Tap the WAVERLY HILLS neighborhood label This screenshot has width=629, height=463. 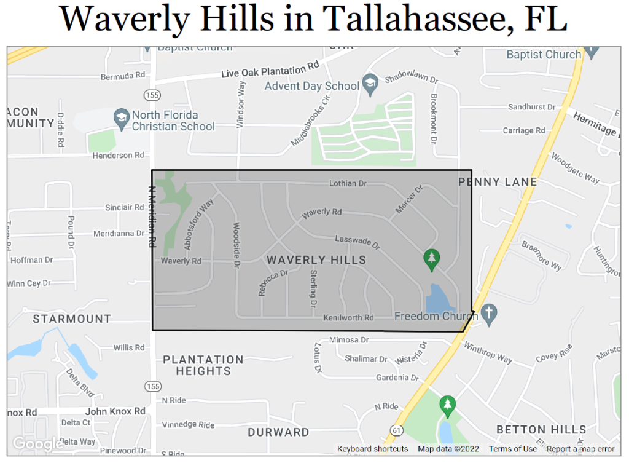(316, 260)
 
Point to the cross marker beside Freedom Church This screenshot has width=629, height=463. (489, 312)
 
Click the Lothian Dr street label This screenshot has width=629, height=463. (348, 183)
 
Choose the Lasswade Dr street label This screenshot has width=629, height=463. (357, 242)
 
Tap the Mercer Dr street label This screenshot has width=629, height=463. (410, 200)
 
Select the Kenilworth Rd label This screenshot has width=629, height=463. (349, 318)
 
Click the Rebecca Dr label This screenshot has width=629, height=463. (273, 283)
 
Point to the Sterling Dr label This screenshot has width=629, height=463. (313, 288)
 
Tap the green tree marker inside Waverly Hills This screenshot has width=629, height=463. (432, 259)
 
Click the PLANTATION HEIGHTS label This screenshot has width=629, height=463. (203, 365)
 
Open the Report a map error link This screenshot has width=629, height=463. (580, 449)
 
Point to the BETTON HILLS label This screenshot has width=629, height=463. (541, 429)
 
